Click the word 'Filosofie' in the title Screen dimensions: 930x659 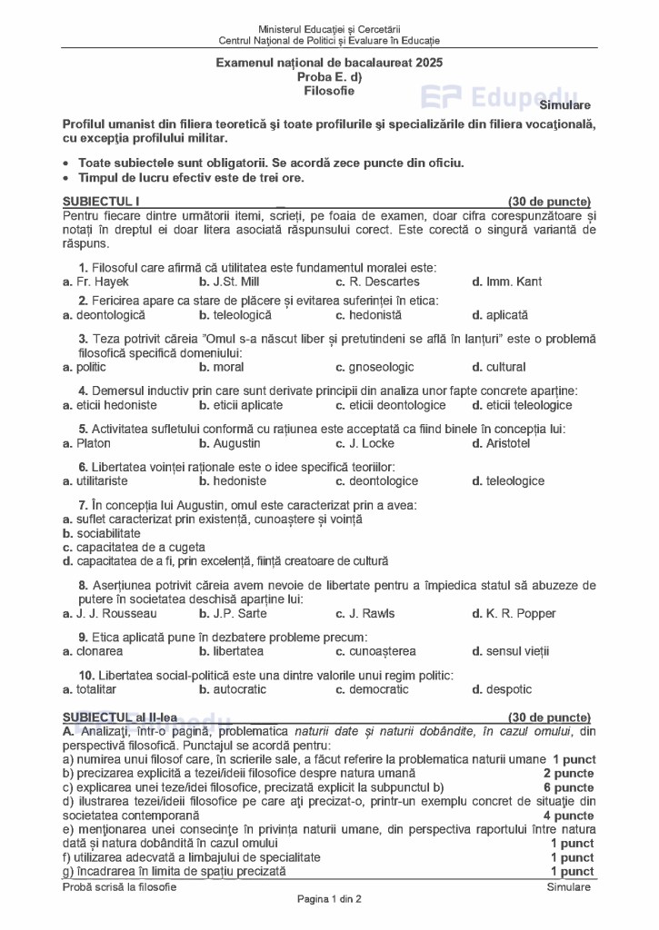click(x=330, y=91)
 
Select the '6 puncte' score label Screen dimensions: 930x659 click(x=569, y=787)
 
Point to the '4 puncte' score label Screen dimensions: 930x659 click(x=569, y=816)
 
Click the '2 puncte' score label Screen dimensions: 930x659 click(x=569, y=774)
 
